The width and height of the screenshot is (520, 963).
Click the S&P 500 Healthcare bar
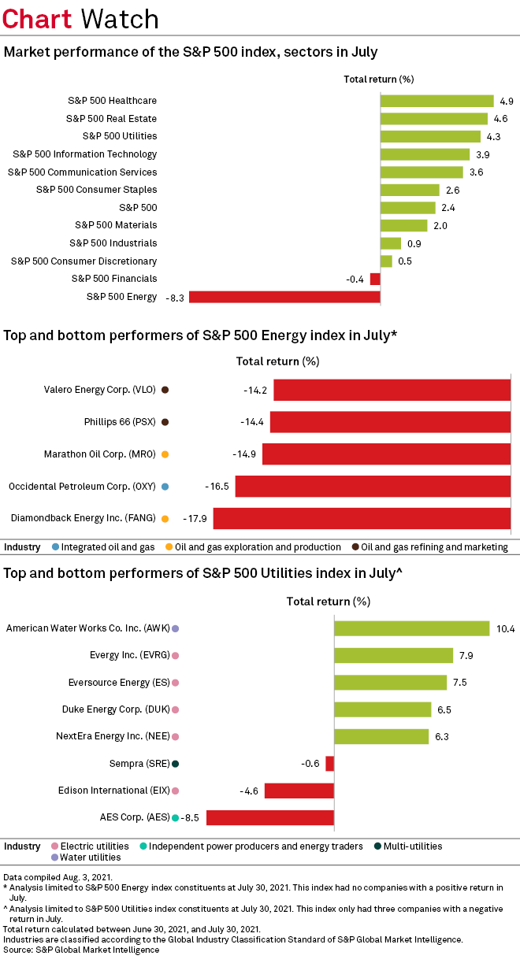tap(436, 101)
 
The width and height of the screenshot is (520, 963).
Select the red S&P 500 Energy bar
tap(284, 297)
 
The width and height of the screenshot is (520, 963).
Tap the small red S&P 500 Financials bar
tap(375, 279)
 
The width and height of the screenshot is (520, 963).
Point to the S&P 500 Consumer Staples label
tap(96, 190)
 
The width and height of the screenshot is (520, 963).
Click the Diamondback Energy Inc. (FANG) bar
tap(362, 518)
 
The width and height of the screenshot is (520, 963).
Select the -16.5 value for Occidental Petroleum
tap(216, 487)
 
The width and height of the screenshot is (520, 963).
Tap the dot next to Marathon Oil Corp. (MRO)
tap(165, 454)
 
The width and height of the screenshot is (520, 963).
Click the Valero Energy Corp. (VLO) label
tap(100, 390)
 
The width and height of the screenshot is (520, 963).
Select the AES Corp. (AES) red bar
tap(269, 817)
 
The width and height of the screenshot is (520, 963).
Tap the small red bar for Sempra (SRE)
tap(329, 764)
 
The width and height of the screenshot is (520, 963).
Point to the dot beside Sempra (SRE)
tap(176, 764)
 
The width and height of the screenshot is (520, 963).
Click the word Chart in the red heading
tap(38, 18)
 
